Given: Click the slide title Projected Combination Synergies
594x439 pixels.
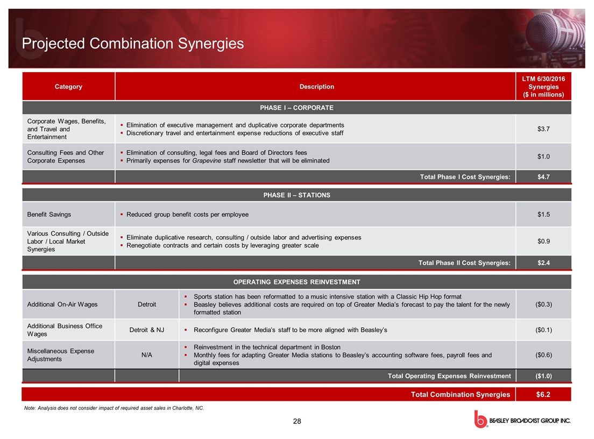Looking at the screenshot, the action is click(x=132, y=44).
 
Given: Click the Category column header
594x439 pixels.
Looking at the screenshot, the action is click(x=68, y=87).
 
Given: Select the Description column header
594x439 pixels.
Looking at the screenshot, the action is click(x=317, y=87).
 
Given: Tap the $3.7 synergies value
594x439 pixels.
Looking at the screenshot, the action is click(x=543, y=129).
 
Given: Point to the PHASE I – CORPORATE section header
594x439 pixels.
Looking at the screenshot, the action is click(x=296, y=108).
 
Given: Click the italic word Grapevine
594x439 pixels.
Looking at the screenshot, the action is click(x=207, y=161).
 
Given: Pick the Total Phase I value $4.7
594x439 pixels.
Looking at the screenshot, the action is click(x=543, y=177).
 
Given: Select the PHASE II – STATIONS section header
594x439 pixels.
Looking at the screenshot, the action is click(x=296, y=195).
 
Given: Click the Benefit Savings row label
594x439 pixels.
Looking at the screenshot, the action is click(x=49, y=214).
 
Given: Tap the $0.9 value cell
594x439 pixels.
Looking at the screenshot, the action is click(x=543, y=241).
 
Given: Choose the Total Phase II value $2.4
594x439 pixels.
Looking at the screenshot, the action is click(x=543, y=263).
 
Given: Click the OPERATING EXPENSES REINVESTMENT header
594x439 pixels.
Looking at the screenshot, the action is click(x=296, y=282).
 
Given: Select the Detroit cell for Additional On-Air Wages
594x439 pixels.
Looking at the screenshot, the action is click(x=146, y=304).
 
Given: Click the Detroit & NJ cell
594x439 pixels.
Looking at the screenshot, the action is click(x=146, y=330).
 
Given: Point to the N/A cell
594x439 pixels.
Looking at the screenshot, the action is click(x=146, y=355).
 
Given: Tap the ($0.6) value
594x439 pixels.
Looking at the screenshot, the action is click(x=543, y=355).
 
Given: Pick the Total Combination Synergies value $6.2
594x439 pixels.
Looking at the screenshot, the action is click(x=543, y=394).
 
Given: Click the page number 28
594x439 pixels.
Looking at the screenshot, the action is click(x=297, y=421).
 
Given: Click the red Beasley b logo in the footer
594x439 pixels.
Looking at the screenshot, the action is click(x=480, y=419).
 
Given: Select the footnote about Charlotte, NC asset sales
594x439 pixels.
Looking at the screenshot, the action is click(x=114, y=408).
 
